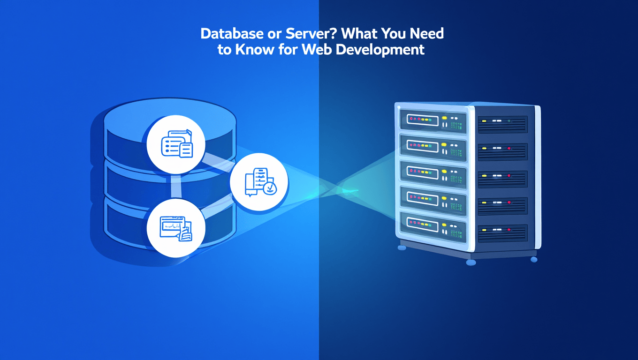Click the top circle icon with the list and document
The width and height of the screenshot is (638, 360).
[176, 143]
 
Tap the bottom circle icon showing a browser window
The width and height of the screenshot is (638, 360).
[176, 228]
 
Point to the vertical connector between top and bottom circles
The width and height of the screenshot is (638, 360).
[176, 186]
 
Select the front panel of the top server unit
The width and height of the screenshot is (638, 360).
[433, 120]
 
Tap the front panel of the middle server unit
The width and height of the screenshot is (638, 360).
[433, 173]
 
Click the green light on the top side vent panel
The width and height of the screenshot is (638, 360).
[509, 120]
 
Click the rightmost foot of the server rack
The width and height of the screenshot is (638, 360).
[533, 259]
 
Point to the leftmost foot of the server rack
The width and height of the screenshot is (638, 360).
[401, 247]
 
